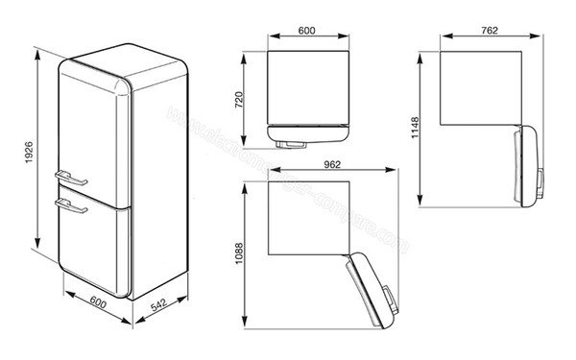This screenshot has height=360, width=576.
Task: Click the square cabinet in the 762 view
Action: (x=480, y=86)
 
